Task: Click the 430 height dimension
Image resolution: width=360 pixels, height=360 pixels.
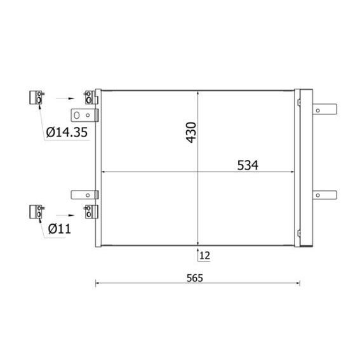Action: coord(191,133)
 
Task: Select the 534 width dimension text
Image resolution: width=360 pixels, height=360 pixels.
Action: coord(248,165)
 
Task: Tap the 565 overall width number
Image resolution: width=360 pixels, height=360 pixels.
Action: coord(195,278)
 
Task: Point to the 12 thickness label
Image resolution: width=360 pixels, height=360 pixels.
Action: coord(205,255)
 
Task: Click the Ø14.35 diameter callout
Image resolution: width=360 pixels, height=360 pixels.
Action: coord(67,132)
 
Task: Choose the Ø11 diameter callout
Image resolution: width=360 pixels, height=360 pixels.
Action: coord(60,229)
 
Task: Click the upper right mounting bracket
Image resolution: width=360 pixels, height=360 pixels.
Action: coord(324,109)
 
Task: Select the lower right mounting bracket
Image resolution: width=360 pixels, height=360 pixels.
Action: coord(324,195)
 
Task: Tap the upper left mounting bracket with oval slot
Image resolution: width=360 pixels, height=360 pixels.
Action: coord(84,116)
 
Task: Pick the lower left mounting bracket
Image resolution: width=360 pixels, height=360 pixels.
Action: coord(84,195)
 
